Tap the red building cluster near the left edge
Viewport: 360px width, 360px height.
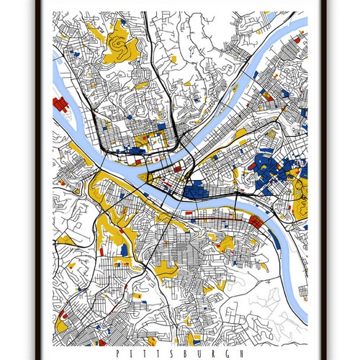60,108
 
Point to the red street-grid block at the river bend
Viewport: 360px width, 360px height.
254,223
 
